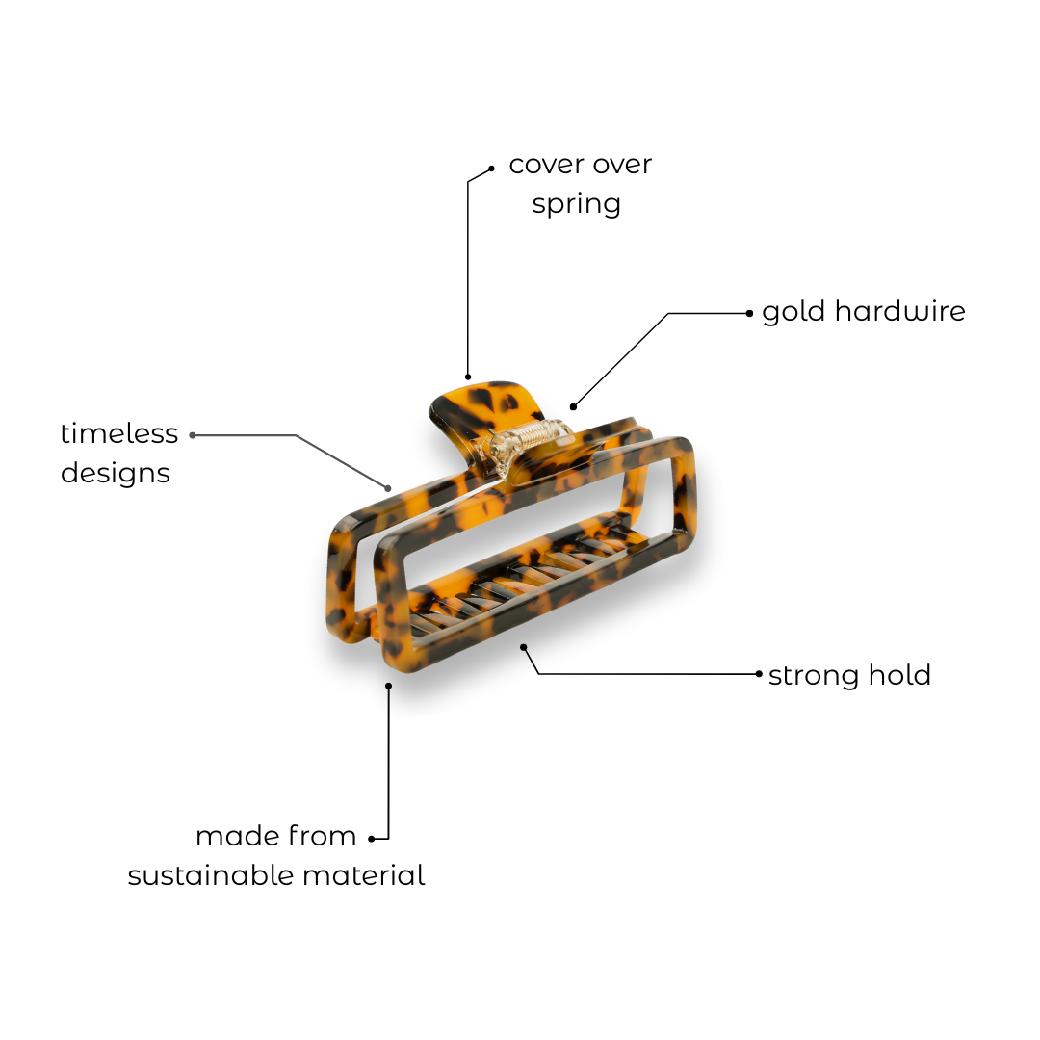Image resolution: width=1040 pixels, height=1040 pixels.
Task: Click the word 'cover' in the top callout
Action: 545,166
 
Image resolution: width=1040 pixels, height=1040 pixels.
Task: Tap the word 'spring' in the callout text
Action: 576,205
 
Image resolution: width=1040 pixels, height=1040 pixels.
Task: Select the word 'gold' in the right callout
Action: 793,311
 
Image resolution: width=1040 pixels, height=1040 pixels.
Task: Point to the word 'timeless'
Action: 119,433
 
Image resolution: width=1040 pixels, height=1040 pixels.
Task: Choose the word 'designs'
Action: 116,474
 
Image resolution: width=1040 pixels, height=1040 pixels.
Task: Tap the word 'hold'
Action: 900,674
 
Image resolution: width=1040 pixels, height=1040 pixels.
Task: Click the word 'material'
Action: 364,875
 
